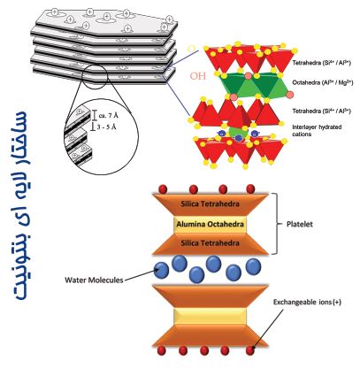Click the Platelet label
(x=300, y=224)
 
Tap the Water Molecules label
(x=94, y=280)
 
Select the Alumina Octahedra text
(x=210, y=225)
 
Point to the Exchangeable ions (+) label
(x=307, y=302)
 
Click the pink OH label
(x=198, y=76)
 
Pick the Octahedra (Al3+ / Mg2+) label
(x=323, y=82)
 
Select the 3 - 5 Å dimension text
(x=106, y=127)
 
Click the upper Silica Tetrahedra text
(x=210, y=204)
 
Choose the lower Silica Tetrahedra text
(x=210, y=243)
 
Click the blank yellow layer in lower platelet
(x=210, y=316)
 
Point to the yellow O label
(x=192, y=49)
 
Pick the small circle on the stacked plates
(x=96, y=77)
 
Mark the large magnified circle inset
(x=101, y=137)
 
